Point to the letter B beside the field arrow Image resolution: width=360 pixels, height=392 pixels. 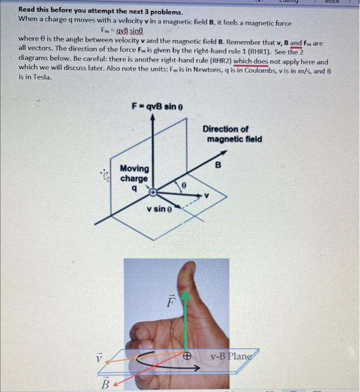[x=219, y=165]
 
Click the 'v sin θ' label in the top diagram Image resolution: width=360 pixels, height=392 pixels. [x=160, y=210]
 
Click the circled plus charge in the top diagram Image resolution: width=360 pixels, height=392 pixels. [x=153, y=193]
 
